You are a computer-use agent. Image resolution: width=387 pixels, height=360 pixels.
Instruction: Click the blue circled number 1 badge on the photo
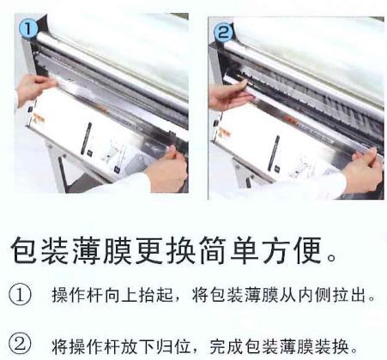pyautogui.click(x=27, y=28)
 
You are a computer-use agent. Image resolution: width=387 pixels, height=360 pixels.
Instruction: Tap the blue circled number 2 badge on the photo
pyautogui.click(x=223, y=31)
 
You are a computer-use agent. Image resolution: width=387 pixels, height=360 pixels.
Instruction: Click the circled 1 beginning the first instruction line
pyautogui.click(x=20, y=294)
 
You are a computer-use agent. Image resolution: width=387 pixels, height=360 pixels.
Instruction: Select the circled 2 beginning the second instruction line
pyautogui.click(x=20, y=344)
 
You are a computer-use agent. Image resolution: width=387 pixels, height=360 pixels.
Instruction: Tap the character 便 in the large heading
pyautogui.click(x=308, y=249)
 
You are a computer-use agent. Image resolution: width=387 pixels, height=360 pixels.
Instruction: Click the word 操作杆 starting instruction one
pyautogui.click(x=77, y=295)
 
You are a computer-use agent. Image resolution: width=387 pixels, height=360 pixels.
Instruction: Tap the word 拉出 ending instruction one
pyautogui.click(x=350, y=295)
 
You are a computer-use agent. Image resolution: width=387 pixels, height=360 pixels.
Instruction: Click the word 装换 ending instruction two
pyautogui.click(x=332, y=346)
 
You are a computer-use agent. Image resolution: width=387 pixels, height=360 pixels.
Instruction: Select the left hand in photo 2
pyautogui.click(x=229, y=95)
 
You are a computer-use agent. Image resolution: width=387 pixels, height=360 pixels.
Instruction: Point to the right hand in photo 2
pyautogui.click(x=363, y=170)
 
